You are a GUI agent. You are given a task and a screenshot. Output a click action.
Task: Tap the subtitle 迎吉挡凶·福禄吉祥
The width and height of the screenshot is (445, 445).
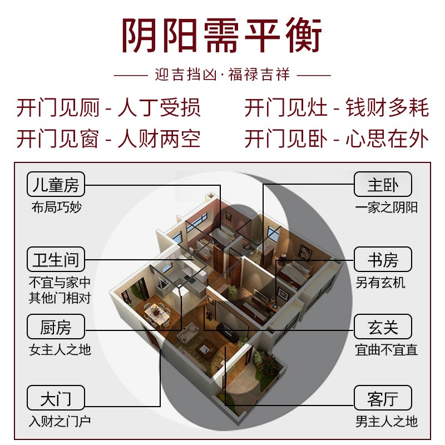pyautogui.click(x=222, y=74)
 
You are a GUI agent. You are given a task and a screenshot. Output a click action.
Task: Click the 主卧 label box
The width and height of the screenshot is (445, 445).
pyautogui.click(x=383, y=184)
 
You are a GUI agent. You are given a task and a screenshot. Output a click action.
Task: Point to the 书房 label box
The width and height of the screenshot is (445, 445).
pyautogui.click(x=383, y=260)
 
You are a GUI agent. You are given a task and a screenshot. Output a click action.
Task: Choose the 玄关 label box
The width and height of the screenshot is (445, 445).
pyautogui.click(x=383, y=327)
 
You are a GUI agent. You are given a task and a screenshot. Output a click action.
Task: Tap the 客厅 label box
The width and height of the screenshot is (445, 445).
pyautogui.click(x=383, y=398)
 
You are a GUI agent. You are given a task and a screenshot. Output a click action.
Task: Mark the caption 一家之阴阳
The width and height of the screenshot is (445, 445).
pyautogui.click(x=387, y=207)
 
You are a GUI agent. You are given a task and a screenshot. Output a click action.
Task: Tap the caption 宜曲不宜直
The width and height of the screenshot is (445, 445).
pyautogui.click(x=387, y=350)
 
